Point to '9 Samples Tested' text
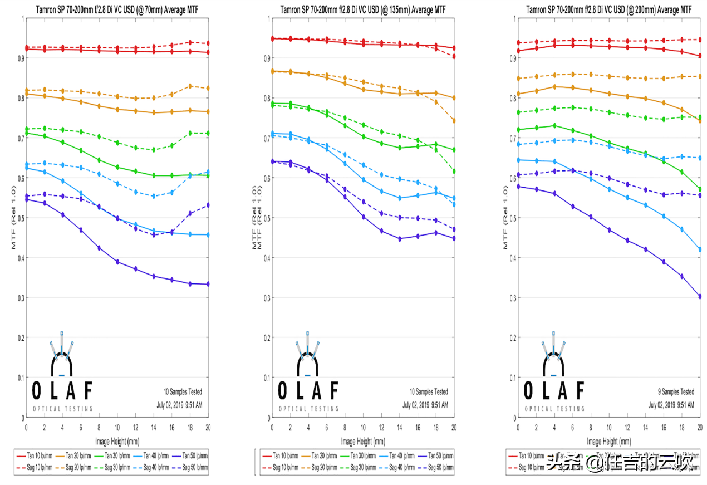click(x=673, y=392)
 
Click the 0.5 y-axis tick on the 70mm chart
click(x=21, y=218)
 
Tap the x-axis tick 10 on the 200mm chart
click(x=609, y=428)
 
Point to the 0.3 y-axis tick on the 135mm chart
click(x=267, y=298)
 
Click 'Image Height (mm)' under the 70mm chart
click(x=117, y=442)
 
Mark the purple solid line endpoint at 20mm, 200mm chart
click(x=700, y=297)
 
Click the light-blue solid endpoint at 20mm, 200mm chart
click(x=700, y=249)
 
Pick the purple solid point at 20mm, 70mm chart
click(x=208, y=284)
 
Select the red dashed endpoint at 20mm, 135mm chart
click(x=454, y=56)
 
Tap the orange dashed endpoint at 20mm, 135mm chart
click(x=454, y=121)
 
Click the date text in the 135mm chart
click(x=425, y=405)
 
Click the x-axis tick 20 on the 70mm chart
click(x=208, y=428)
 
